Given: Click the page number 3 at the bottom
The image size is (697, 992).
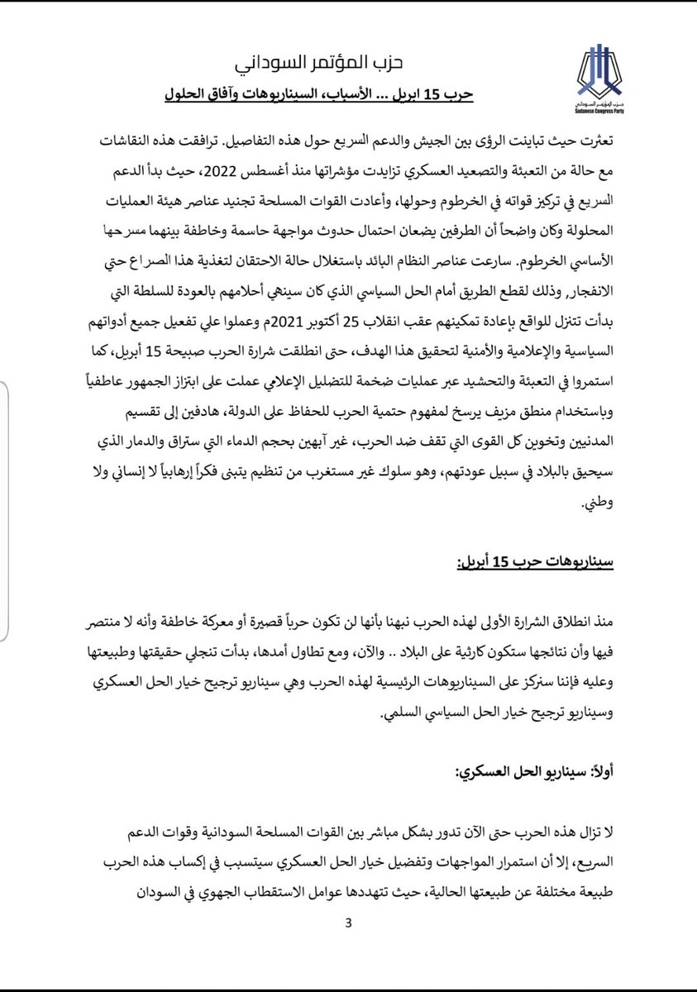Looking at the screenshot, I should coord(349,923).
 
